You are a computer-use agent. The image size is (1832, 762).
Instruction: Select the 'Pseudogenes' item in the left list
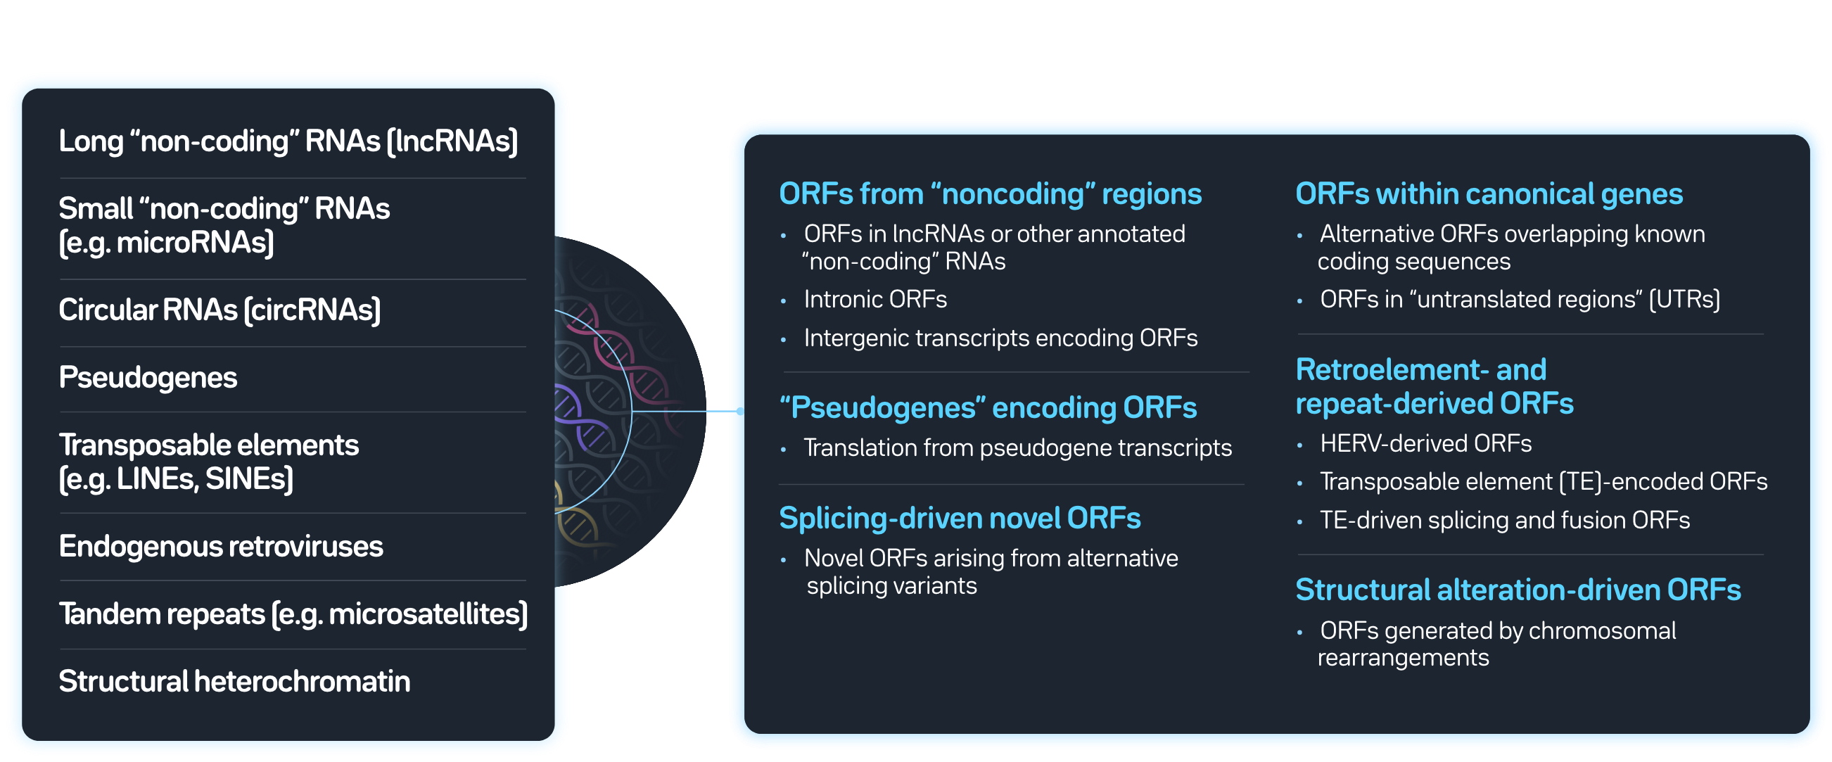[148, 378]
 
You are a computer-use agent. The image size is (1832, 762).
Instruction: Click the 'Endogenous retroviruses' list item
[220, 547]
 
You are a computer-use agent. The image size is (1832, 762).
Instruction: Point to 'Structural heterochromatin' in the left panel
[234, 682]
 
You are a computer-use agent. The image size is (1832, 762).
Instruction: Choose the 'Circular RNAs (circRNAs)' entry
[219, 310]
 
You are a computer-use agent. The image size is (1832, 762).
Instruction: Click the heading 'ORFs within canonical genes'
[1489, 194]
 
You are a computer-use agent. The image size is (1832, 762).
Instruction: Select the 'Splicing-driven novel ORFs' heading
[960, 518]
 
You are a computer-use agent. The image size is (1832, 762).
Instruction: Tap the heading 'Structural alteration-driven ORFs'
[1518, 590]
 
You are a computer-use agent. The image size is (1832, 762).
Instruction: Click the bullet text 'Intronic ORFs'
[874, 300]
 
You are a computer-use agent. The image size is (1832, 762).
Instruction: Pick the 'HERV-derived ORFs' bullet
[1425, 444]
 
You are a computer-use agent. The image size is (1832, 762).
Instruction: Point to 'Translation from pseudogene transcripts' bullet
[1017, 448]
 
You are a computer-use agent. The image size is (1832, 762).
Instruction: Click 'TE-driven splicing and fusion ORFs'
[1504, 520]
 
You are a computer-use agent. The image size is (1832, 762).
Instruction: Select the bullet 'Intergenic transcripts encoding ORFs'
[1000, 338]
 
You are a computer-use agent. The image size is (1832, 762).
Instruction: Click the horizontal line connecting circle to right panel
[679, 411]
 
